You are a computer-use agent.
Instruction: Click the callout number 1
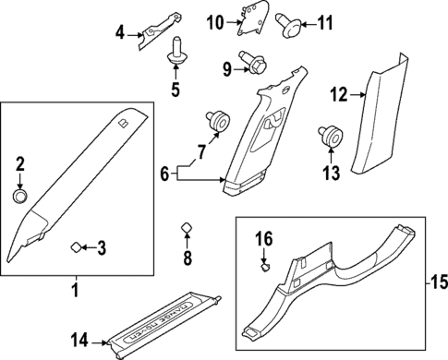coord(76,292)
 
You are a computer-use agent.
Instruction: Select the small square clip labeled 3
coord(77,246)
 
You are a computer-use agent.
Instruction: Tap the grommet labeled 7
coord(219,118)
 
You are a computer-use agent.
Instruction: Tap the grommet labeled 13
coord(329,136)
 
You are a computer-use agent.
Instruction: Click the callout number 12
coord(338,93)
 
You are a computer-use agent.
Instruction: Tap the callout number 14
coord(81,342)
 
